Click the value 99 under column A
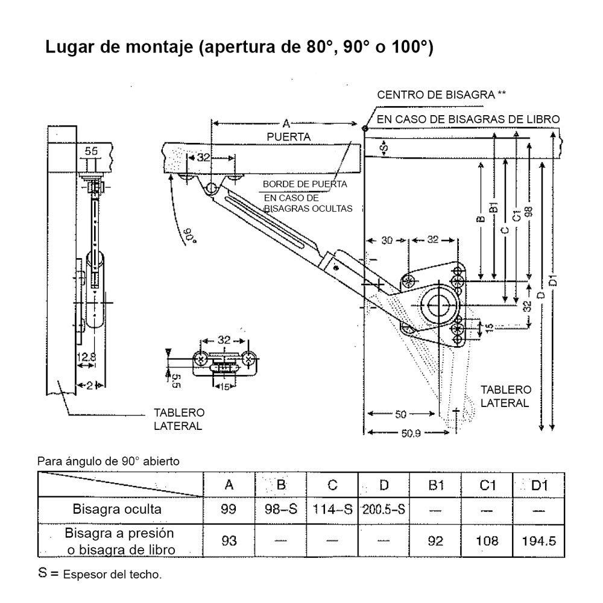pos(229,509)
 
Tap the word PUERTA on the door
pos(288,137)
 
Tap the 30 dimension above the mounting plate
pos(387,240)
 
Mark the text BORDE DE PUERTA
pos(305,184)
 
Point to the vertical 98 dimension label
pos(529,208)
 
